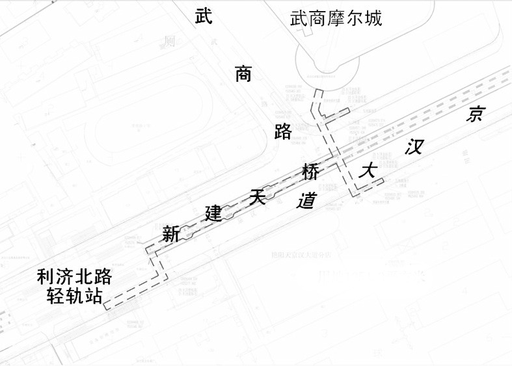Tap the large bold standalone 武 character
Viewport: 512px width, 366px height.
204,17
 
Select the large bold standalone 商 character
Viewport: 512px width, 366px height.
243,73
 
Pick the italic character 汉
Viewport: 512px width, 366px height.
414,147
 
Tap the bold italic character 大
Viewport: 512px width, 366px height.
369,172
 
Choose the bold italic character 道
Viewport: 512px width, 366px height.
306,200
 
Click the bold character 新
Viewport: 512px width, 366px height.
170,233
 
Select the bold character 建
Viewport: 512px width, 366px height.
214,213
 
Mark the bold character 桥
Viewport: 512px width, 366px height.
310,173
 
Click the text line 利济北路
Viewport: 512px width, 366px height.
74,277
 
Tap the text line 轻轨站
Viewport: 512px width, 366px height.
74,296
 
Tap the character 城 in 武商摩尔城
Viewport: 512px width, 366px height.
373,18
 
